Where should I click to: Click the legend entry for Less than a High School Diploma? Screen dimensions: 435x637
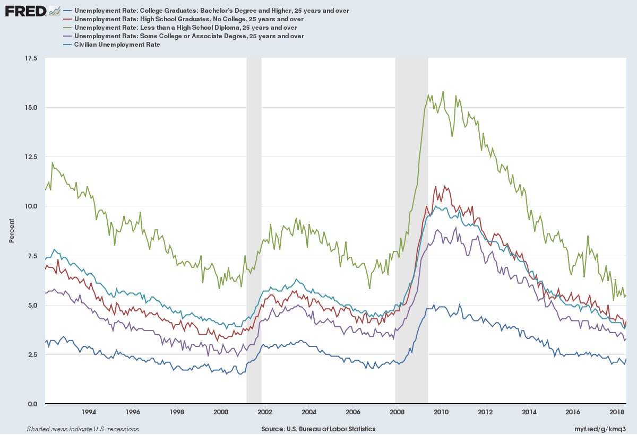click(185, 28)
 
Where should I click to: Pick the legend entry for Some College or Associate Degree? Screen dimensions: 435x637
click(189, 36)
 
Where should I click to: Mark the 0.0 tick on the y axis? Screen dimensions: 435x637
click(32, 404)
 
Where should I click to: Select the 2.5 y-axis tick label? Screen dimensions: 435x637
click(32, 355)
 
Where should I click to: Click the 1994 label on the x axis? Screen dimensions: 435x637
click(89, 412)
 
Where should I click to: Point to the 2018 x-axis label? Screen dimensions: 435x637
click(616, 412)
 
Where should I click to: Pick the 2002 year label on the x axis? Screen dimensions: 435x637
click(264, 412)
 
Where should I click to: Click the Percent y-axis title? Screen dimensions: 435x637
click(12, 231)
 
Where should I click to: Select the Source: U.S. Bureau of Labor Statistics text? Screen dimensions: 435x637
click(318, 429)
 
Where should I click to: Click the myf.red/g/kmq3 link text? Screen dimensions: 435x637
click(605, 429)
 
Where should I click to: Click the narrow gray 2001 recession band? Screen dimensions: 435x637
click(254, 212)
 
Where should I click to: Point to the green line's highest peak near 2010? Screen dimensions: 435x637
click(443, 92)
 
